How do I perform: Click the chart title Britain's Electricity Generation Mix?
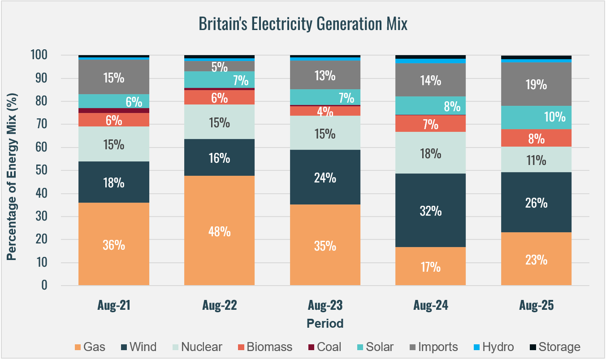coord(303,24)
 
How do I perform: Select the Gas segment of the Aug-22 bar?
coord(220,230)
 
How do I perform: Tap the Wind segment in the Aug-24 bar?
coord(431,210)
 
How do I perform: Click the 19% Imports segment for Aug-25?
coord(536,84)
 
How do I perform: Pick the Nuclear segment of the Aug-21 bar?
coord(114,144)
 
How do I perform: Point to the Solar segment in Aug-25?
coord(536,117)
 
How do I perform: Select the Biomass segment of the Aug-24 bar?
coord(431,124)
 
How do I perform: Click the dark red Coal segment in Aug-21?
coord(114,110)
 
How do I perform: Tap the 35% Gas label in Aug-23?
coord(325,246)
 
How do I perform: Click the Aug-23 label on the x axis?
coord(325,306)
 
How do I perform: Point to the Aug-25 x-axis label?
coord(536,306)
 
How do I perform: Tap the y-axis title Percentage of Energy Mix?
coord(12,170)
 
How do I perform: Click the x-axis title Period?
coord(325,323)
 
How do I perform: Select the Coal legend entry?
coord(324,347)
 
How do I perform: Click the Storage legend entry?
coord(554,347)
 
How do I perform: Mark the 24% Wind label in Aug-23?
coord(325,178)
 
